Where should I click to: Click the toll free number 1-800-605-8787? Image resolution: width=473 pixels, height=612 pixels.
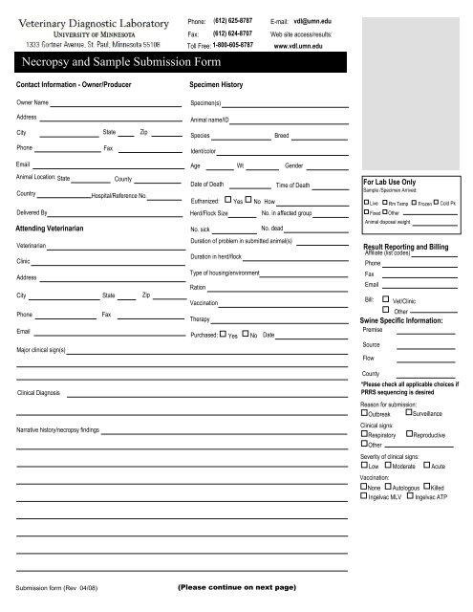point(233,45)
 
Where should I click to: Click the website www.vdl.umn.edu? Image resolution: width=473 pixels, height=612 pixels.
point(300,45)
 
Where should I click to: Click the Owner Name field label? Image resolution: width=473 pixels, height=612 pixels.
point(32,100)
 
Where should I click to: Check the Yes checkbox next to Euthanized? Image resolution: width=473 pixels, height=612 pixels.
point(225,201)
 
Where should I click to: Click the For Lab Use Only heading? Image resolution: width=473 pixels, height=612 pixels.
point(388,181)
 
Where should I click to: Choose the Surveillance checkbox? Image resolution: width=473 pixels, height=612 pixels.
point(409,413)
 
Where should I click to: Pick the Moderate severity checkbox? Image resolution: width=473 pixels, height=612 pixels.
point(388,466)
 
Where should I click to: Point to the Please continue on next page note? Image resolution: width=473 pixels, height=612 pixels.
point(237,586)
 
